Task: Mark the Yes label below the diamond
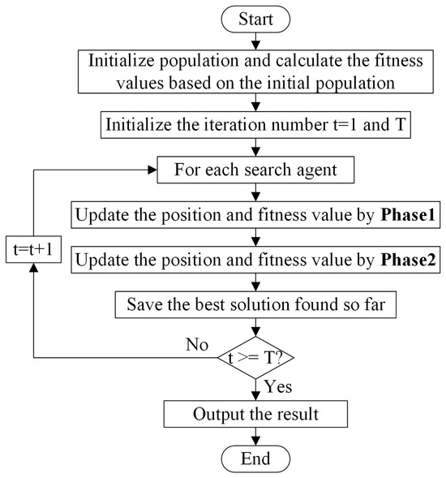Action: point(278,387)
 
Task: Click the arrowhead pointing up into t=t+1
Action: point(33,267)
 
